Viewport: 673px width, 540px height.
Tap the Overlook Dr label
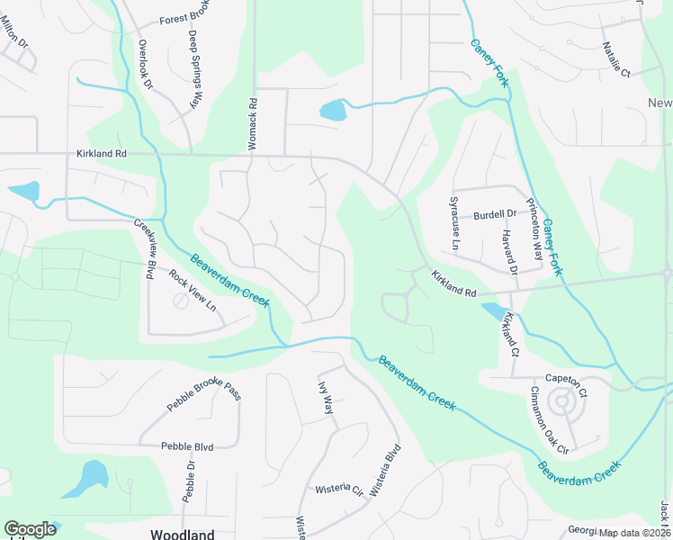tap(145, 64)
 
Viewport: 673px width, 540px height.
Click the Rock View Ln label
tap(193, 291)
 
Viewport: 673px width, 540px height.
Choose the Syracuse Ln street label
tap(455, 231)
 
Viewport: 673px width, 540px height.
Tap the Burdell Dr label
tap(494, 214)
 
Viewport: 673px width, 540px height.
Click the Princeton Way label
tap(534, 229)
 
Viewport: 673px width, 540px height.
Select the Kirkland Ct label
tap(511, 332)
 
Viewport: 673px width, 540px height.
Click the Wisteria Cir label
tap(338, 490)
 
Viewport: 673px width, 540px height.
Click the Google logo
tap(30, 528)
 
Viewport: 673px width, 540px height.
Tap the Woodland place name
tap(182, 534)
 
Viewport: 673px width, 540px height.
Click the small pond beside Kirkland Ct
tap(493, 311)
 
